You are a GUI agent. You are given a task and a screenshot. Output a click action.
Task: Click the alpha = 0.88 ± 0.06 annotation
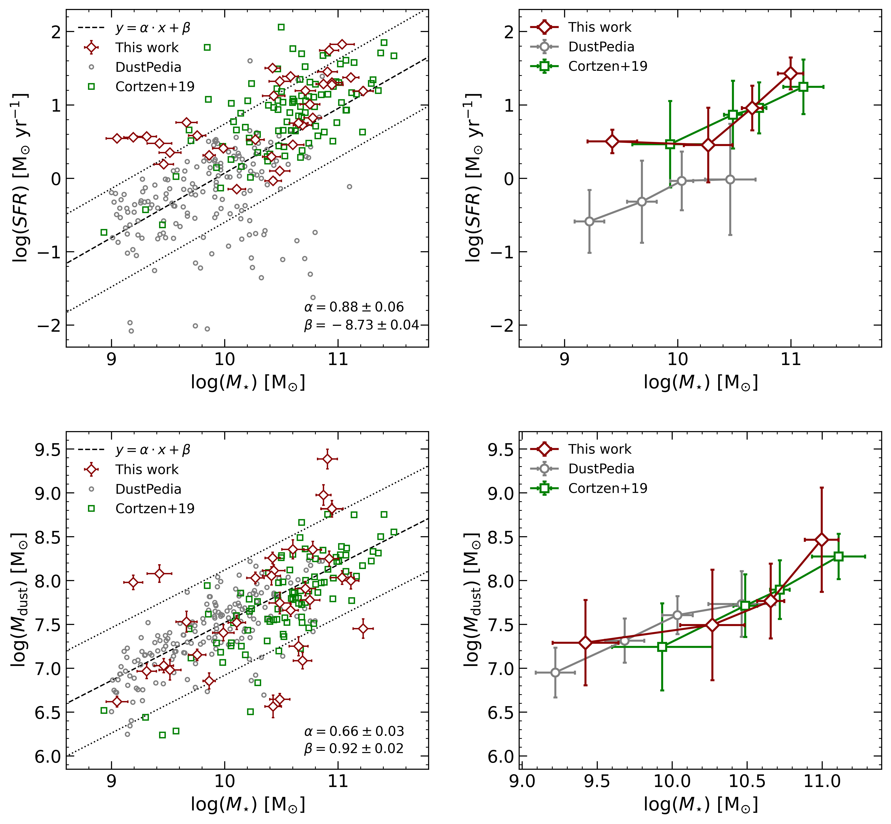coord(354,307)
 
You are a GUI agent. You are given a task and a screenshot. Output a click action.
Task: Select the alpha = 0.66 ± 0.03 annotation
coord(354,731)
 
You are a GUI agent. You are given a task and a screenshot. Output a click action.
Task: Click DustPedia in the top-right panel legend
coord(601,47)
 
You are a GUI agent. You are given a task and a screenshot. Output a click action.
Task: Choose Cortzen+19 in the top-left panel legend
coord(155,86)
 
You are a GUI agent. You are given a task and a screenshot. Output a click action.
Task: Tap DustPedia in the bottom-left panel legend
coord(148,489)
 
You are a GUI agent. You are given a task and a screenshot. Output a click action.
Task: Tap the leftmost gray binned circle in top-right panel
coord(589,221)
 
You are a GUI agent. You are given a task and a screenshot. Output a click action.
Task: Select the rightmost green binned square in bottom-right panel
coord(838,556)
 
